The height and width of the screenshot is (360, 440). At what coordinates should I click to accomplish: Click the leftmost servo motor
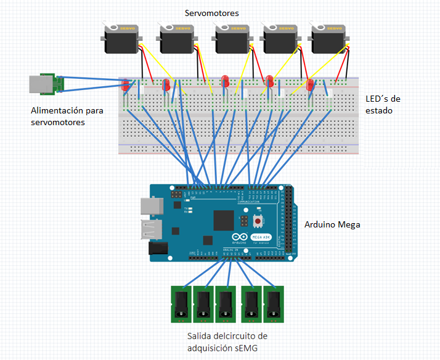point(121,39)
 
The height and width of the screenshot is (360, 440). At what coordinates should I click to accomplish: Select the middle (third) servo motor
point(232,39)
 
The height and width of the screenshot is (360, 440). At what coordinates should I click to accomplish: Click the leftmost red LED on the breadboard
point(125,85)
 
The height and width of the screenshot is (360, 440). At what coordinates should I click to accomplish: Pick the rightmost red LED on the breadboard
point(311,85)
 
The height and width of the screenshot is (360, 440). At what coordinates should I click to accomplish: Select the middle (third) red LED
point(226,81)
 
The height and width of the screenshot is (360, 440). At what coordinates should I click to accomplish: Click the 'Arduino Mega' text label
point(332,224)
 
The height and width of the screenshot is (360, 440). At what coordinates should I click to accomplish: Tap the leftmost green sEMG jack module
point(181,304)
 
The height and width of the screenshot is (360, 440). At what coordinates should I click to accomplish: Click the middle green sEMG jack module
point(226,304)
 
